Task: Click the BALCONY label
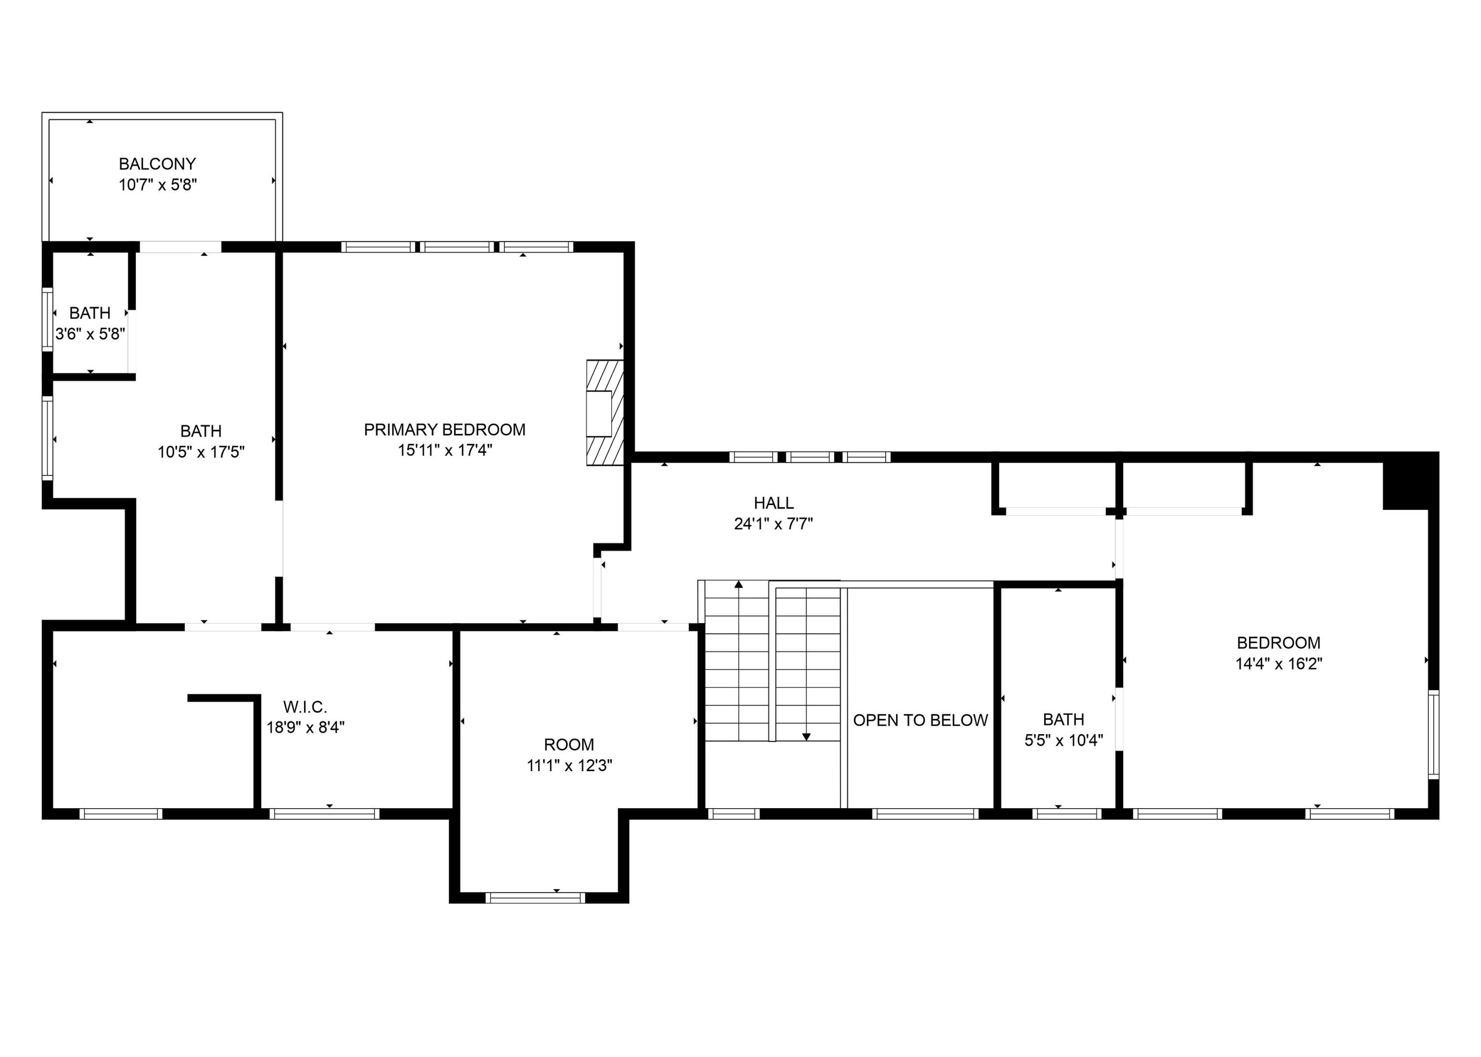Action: (x=157, y=164)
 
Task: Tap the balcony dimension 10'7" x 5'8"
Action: (x=157, y=185)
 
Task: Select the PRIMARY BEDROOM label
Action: (x=444, y=430)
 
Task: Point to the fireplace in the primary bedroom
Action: (x=605, y=413)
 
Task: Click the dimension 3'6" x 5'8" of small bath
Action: (x=90, y=334)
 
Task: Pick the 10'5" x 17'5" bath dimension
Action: (x=200, y=452)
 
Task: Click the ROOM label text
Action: (x=569, y=744)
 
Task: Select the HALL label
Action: (x=773, y=503)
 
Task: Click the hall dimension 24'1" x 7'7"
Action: (x=773, y=523)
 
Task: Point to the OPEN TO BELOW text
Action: (x=920, y=720)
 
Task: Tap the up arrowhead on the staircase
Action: (x=739, y=585)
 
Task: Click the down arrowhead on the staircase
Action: (x=806, y=737)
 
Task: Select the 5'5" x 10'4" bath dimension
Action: (x=1063, y=740)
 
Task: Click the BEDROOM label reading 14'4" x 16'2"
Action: (x=1278, y=643)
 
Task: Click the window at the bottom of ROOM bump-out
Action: (x=535, y=898)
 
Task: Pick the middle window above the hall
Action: (x=809, y=457)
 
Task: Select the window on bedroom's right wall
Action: (x=1434, y=735)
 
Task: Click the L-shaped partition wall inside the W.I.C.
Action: (x=256, y=748)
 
